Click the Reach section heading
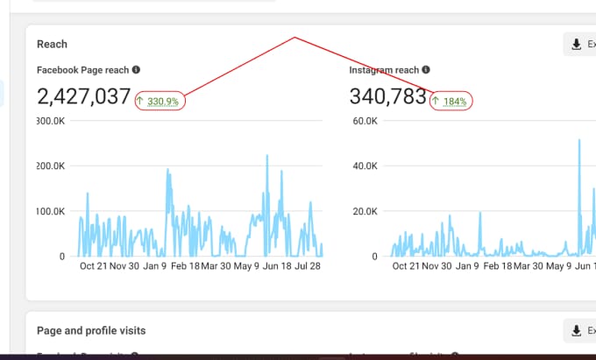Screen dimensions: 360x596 52,44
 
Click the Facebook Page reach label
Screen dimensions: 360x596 82,70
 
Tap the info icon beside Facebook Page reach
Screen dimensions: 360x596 136,70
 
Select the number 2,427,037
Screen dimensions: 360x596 84,96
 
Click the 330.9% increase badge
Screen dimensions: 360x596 160,102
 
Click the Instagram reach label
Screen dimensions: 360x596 382,70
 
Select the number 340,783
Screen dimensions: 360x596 387,96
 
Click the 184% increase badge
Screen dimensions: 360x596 451,102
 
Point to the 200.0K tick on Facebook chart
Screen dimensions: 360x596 49,166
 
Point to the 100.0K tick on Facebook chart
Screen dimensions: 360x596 49,211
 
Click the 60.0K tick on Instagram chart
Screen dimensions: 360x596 365,120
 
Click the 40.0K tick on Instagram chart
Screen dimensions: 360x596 365,166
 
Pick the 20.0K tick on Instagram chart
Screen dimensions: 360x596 365,211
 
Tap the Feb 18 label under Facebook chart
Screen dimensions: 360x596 184,266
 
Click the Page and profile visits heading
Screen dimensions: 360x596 91,330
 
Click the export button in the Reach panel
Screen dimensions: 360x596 579,45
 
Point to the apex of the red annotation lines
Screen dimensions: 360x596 295,38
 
